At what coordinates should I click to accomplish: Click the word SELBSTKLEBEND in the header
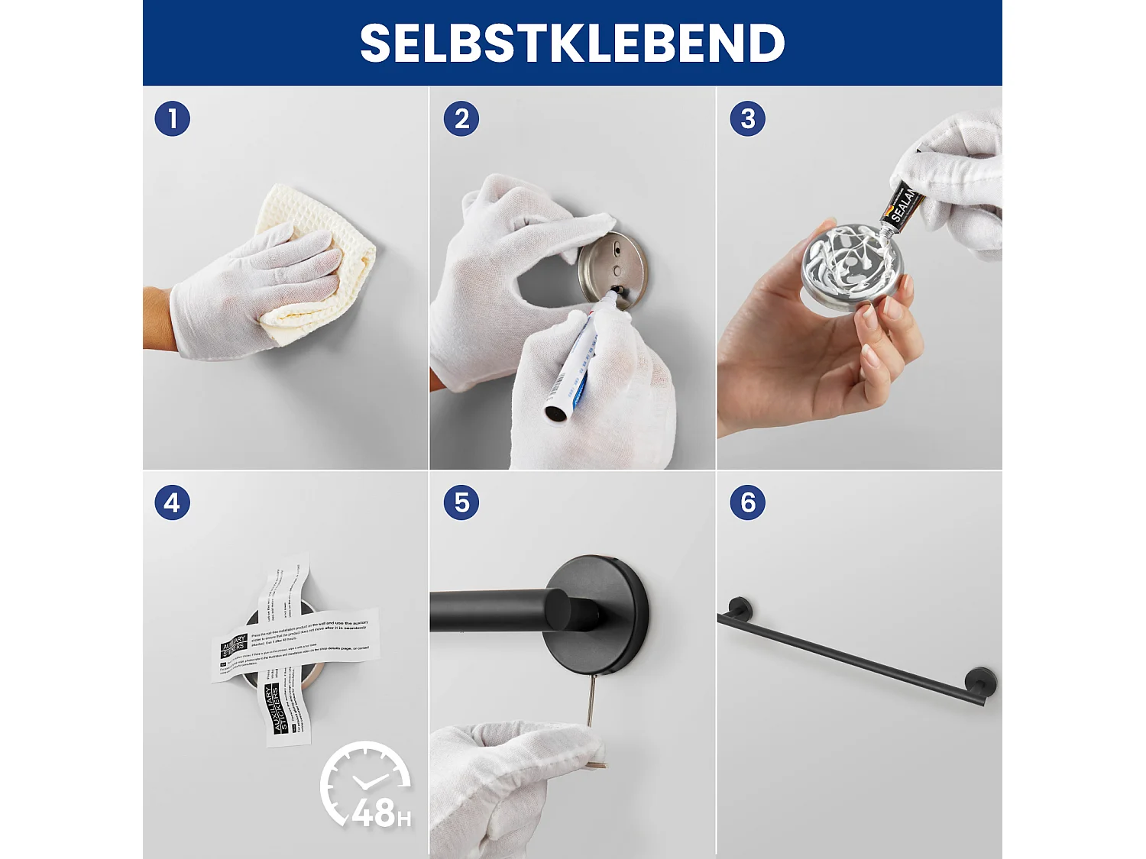tap(572, 44)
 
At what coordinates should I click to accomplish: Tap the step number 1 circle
tap(172, 119)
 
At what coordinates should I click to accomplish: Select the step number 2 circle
tap(461, 119)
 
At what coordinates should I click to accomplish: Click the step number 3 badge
tap(747, 119)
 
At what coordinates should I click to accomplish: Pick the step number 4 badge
tap(172, 503)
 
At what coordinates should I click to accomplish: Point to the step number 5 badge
tap(461, 503)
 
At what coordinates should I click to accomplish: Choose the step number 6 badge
tap(747, 503)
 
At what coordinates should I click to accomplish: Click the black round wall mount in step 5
tap(604, 611)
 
